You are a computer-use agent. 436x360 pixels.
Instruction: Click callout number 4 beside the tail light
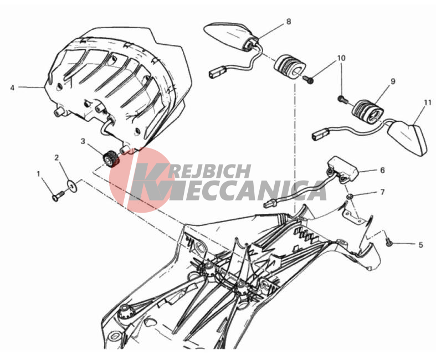click(x=12, y=88)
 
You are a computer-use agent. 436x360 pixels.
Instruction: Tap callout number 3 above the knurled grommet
click(x=83, y=141)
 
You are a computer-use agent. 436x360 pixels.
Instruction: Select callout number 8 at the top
click(x=289, y=22)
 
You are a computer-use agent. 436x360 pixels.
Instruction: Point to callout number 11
click(x=428, y=102)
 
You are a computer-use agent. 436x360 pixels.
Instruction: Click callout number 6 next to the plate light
click(x=383, y=170)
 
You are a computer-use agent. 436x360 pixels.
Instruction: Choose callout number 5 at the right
click(x=420, y=245)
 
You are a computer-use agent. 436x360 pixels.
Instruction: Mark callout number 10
click(x=341, y=58)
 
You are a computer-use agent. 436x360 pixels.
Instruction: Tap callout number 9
click(x=393, y=81)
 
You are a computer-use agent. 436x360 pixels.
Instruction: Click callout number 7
click(x=383, y=192)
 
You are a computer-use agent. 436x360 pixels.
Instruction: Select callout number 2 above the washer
click(x=57, y=158)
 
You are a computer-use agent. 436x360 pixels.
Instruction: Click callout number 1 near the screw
click(x=38, y=174)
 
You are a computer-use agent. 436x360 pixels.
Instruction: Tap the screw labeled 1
click(x=58, y=196)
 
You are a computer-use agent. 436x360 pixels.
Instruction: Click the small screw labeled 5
click(x=389, y=243)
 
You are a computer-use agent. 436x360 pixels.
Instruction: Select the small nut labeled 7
click(x=350, y=197)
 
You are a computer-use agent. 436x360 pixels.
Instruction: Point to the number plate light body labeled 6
click(x=342, y=169)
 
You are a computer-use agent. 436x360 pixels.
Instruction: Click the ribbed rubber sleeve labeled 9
click(x=368, y=111)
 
